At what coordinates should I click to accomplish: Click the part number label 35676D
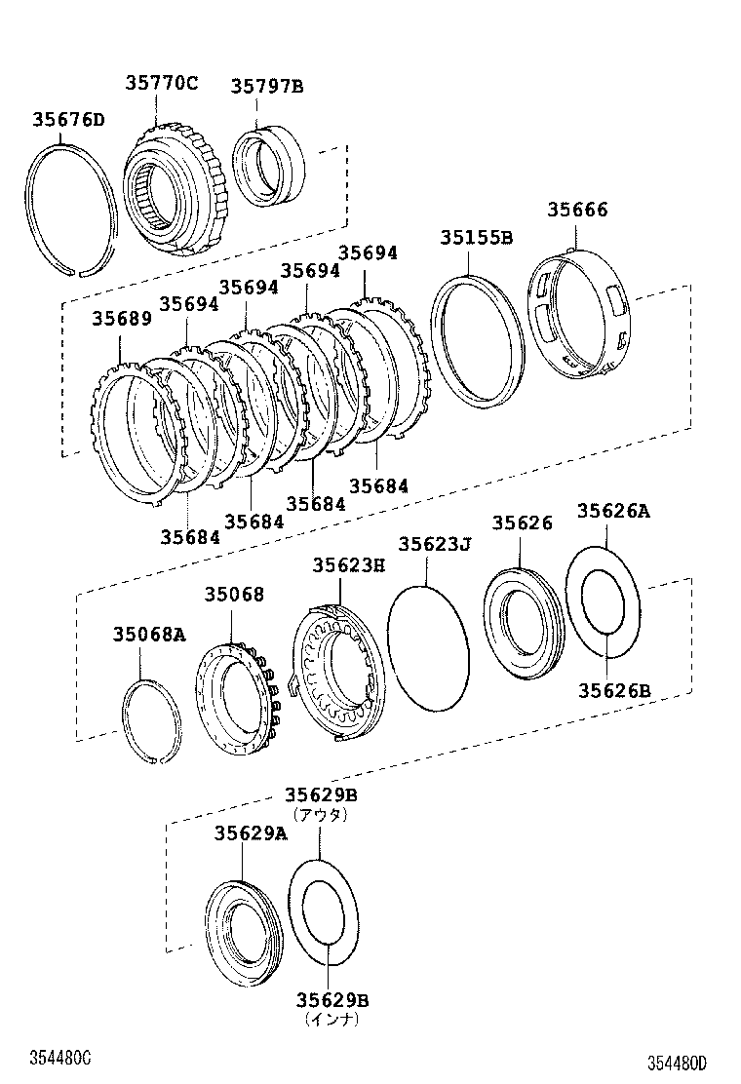coord(67,120)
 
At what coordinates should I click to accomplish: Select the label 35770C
coord(161,84)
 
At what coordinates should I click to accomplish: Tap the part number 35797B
coord(266,87)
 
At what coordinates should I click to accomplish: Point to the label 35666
coord(576,210)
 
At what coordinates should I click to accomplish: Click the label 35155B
coord(476,237)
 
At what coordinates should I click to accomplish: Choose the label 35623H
coord(348,564)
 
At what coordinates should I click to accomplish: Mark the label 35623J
coord(434,544)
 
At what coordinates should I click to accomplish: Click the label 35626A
coord(612,511)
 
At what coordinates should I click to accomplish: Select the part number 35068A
coord(148,635)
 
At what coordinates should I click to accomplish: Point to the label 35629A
coord(251,832)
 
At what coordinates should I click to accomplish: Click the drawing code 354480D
coord(674,1063)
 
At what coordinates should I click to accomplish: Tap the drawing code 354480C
coord(59,1058)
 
